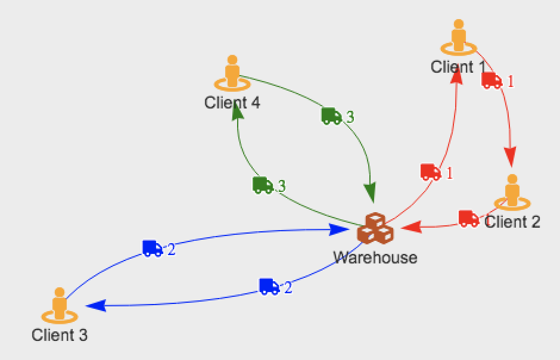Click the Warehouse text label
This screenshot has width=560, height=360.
[375, 257]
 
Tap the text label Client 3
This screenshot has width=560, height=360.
[60, 335]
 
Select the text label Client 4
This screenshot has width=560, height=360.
[232, 103]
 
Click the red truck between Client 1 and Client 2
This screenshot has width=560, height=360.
[492, 80]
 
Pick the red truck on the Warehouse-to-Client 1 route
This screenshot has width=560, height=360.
[430, 172]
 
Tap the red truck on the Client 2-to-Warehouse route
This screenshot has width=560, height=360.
[469, 218]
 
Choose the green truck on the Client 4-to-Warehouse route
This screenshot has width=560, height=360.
[331, 116]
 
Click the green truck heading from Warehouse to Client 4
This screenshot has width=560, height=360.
[263, 185]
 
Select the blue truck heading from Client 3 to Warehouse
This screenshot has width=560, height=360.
[153, 248]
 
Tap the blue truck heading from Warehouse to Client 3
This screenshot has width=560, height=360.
[269, 287]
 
